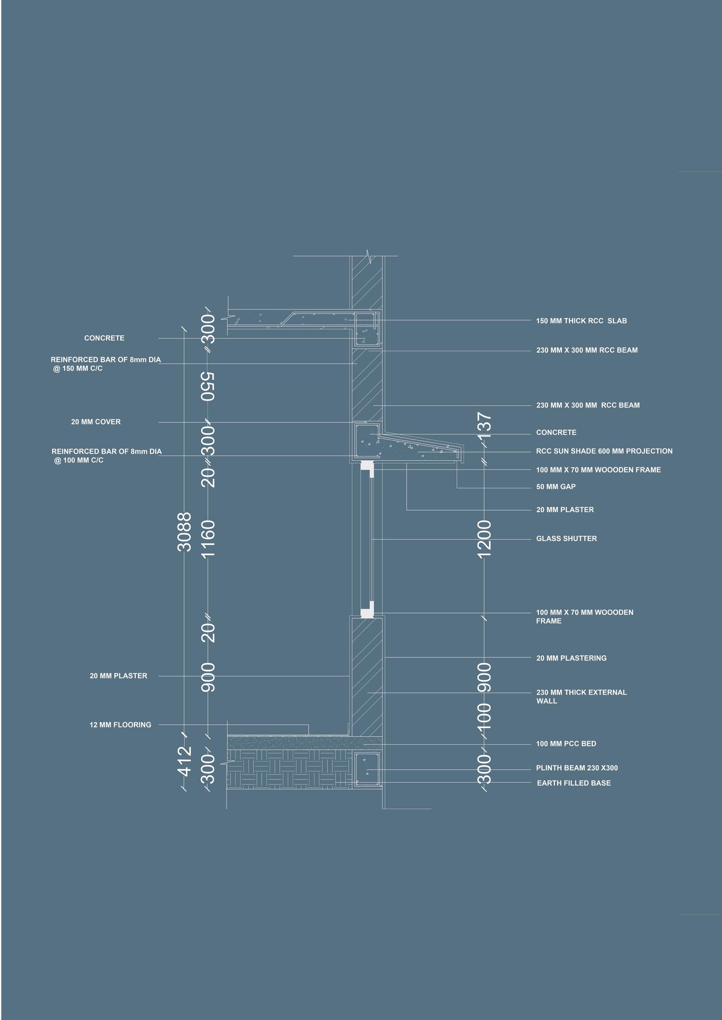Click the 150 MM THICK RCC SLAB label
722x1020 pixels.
tap(581, 321)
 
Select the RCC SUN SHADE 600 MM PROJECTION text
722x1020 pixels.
tap(604, 451)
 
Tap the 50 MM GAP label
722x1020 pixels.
tap(556, 487)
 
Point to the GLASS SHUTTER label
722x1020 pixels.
tap(567, 539)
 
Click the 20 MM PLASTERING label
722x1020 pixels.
tap(571, 658)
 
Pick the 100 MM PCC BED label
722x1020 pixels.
tap(566, 744)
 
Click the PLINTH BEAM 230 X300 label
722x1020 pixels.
tap(577, 768)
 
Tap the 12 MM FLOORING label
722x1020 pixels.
tap(120, 725)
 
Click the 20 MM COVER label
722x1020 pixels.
tap(96, 422)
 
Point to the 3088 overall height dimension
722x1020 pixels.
tap(184, 532)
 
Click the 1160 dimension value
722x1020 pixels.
tap(208, 538)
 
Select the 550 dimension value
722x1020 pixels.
tap(208, 386)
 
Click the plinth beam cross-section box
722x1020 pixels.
tap(367, 770)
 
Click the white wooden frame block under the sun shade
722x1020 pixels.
tap(366, 466)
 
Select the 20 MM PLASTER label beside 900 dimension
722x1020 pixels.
tap(118, 676)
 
